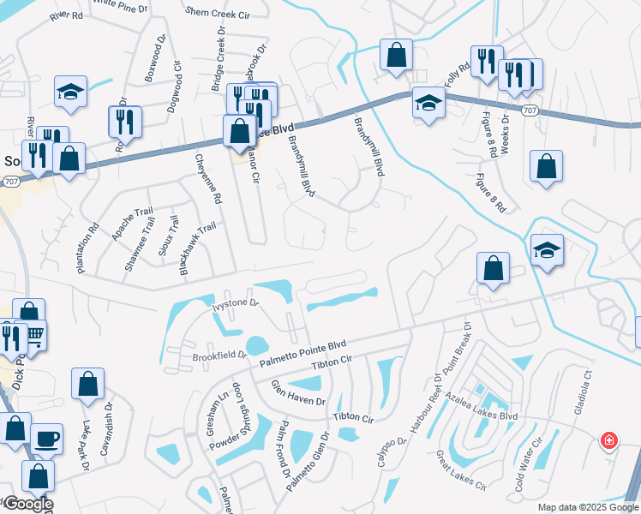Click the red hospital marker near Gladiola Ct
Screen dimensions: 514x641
[608, 440]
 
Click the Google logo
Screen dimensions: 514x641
[28, 504]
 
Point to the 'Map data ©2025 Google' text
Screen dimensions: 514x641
[587, 507]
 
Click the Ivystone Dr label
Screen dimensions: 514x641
[235, 304]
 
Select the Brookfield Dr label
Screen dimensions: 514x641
[219, 355]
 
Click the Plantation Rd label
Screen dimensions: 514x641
[87, 248]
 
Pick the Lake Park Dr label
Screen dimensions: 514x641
[86, 445]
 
